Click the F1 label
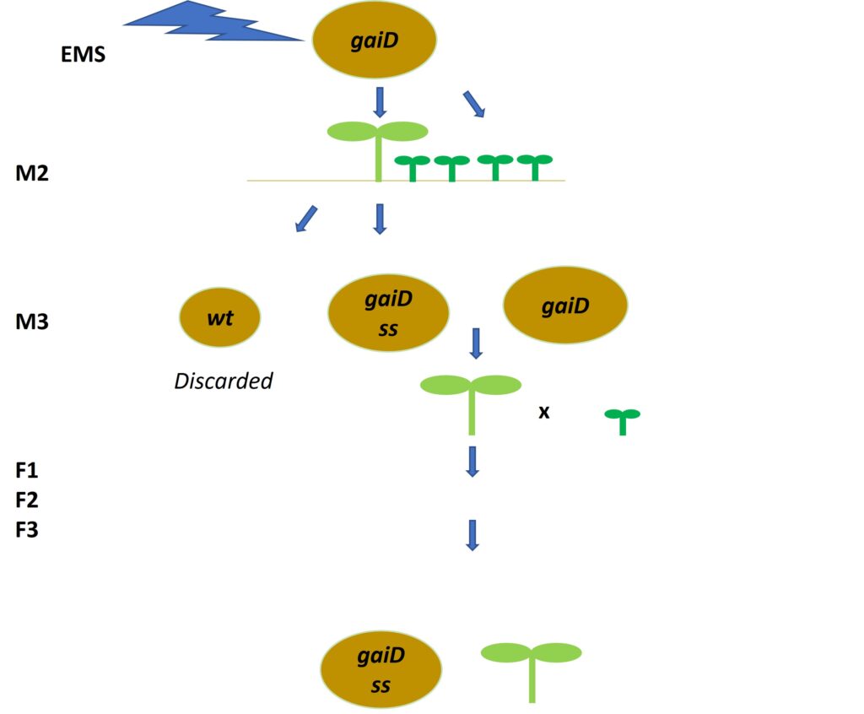coord(28,470)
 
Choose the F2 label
coord(28,500)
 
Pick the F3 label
coord(28,531)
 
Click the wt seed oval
coord(220,317)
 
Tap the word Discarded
coord(224,381)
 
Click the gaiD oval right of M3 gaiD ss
coord(565,306)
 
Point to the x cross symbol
coord(544,413)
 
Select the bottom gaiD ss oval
coord(381,670)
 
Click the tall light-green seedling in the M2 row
coord(377,148)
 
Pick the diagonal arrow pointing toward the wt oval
coord(305,219)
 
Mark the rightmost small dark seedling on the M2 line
coord(534,165)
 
